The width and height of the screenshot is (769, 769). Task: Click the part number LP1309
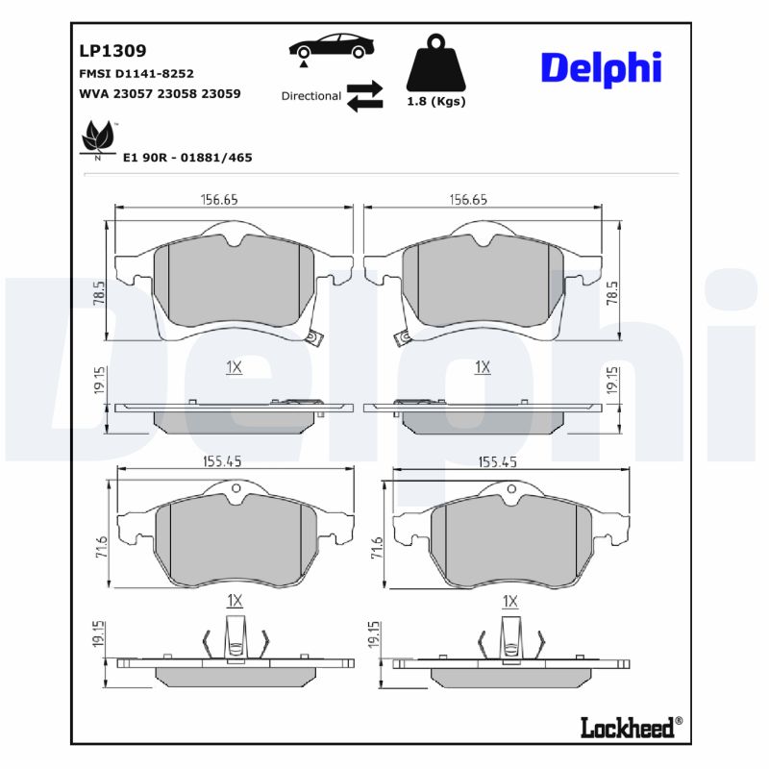click(112, 52)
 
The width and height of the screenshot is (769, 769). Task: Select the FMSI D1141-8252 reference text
click(136, 74)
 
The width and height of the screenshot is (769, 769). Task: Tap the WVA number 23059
click(221, 94)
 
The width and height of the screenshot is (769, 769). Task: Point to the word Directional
click(310, 96)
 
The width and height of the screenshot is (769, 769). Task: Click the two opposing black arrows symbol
click(364, 96)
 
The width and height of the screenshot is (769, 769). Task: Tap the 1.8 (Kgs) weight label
click(435, 102)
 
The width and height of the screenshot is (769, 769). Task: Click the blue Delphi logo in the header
click(602, 67)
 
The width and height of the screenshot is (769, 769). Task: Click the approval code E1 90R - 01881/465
click(187, 157)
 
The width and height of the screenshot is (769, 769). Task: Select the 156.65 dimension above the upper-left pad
click(219, 199)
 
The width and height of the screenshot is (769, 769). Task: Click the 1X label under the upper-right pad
click(483, 367)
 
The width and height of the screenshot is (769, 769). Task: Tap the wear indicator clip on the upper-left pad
click(312, 337)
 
